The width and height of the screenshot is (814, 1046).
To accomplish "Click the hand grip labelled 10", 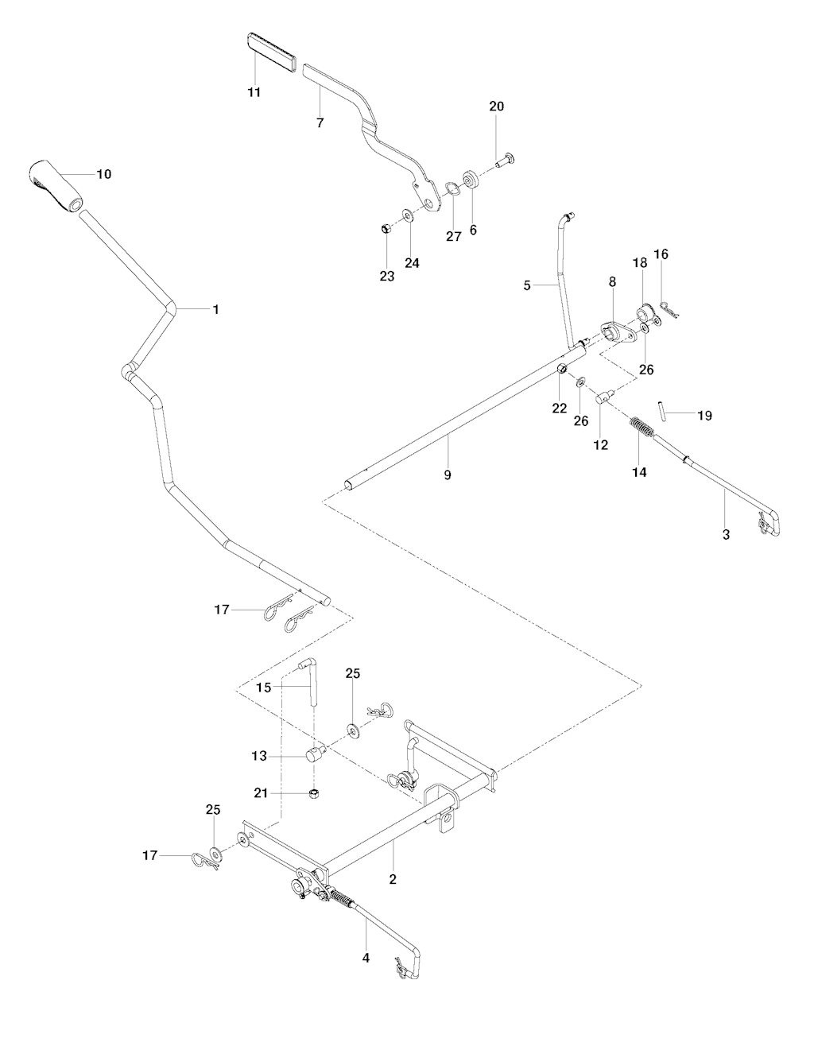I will pos(56,187).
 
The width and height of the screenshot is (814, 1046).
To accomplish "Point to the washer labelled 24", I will pos(409,215).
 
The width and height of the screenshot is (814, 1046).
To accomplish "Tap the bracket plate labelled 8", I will pos(618,333).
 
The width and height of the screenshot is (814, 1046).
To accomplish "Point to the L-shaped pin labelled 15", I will pos(311,680).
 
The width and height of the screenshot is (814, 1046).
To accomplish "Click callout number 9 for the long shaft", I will pos(448,475).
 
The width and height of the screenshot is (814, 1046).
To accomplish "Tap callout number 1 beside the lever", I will pos(215,308).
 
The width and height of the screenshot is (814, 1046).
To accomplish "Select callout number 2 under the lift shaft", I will pos(393,879).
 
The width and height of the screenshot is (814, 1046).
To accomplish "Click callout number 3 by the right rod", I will pos(726,535).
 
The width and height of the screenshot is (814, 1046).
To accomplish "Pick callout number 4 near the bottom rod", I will pos(366,958).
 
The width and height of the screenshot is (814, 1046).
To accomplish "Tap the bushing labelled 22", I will pos(561,369).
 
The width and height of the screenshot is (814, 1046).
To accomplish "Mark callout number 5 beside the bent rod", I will pos(526,283).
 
